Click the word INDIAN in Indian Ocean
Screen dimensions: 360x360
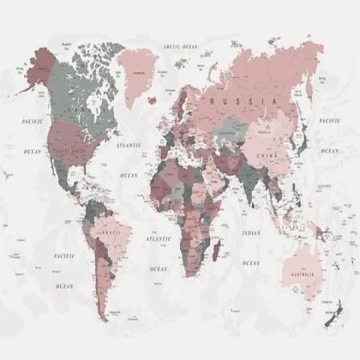250,233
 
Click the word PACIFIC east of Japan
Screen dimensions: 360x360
329,121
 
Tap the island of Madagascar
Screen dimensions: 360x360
220,250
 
